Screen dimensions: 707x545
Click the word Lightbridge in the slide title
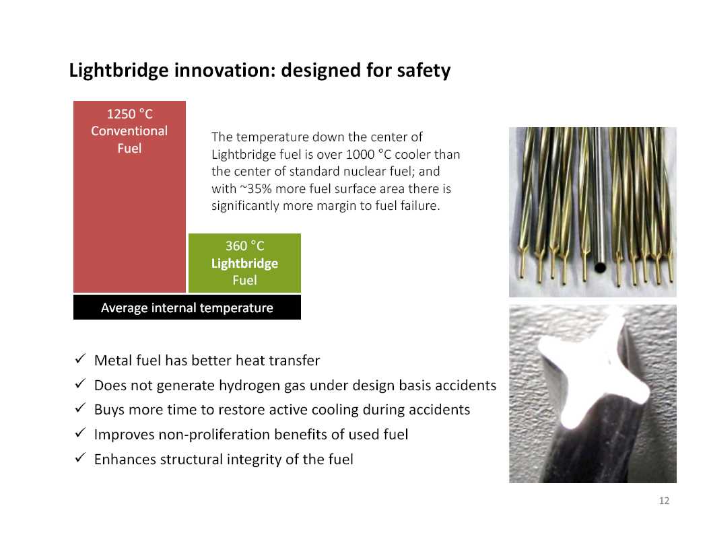click(x=119, y=71)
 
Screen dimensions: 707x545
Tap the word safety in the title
click(x=424, y=70)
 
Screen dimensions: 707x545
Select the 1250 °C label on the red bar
click(x=129, y=114)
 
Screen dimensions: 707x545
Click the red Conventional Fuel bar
click(x=129, y=197)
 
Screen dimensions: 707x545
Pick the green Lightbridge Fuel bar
click(x=244, y=263)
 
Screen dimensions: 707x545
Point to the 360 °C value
click(x=244, y=246)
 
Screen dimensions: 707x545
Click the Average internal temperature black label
click(x=187, y=307)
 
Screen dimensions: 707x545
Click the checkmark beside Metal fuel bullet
click(x=80, y=359)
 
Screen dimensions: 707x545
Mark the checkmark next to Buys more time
click(x=80, y=408)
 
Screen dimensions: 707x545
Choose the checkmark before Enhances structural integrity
click(x=80, y=458)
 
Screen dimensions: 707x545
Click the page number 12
click(x=664, y=501)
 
